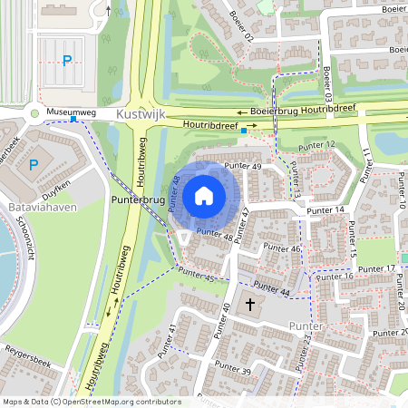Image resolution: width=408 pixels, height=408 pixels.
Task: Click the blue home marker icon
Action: (204, 195)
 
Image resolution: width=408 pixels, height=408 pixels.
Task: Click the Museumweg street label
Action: (71, 112)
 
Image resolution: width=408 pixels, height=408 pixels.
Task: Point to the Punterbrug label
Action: (136, 197)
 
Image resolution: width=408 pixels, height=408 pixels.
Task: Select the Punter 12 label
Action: (317, 145)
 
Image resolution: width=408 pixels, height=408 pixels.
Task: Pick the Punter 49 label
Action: (243, 166)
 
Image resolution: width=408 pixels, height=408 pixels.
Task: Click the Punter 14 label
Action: (326, 210)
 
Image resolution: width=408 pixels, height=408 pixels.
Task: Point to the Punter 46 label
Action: (282, 248)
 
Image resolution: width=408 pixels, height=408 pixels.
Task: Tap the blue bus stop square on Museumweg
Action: (74, 119)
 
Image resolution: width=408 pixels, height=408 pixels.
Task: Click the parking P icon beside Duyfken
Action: (34, 164)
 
